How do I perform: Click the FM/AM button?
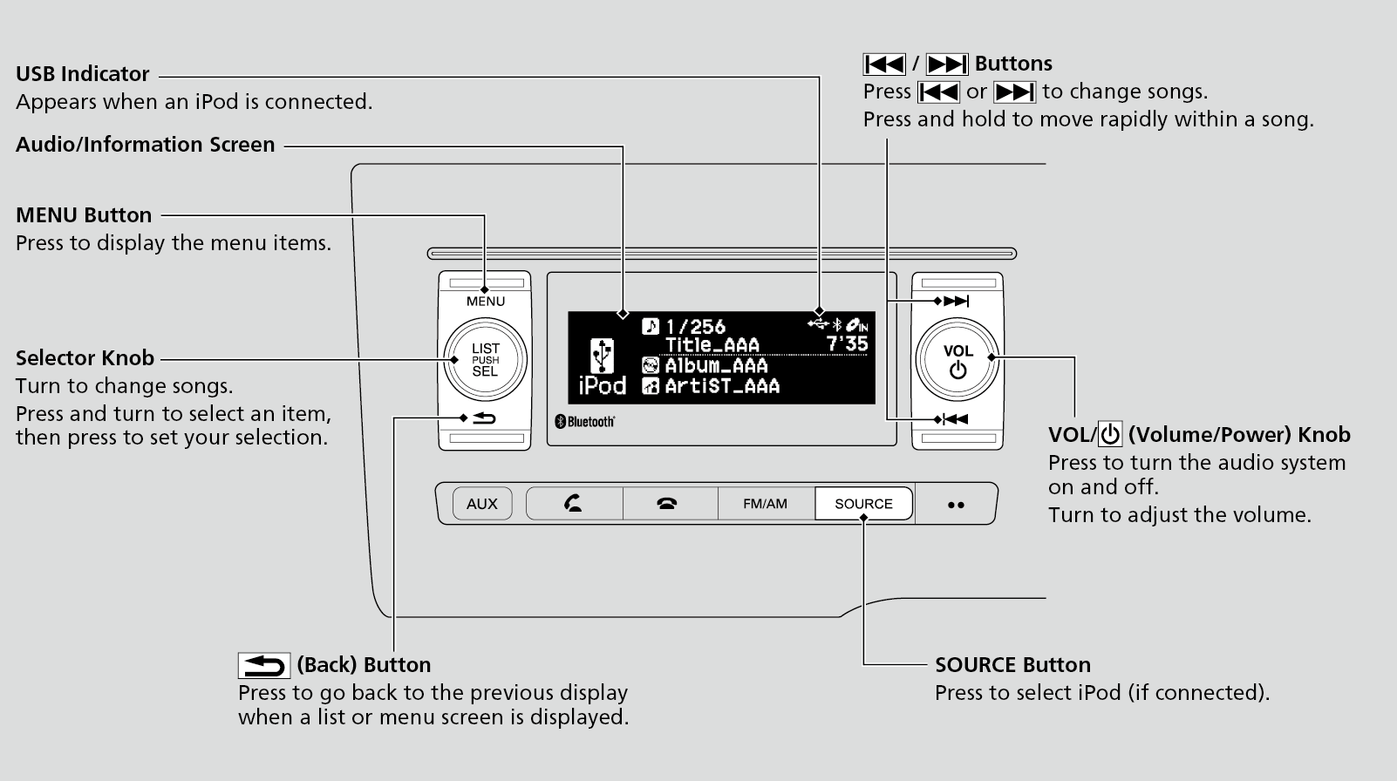pyautogui.click(x=765, y=504)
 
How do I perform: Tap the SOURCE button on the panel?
pyautogui.click(x=863, y=504)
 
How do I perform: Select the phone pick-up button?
pyautogui.click(x=574, y=504)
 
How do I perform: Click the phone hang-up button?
pyautogui.click(x=668, y=504)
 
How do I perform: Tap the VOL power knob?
pyautogui.click(x=957, y=360)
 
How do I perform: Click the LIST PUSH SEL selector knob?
pyautogui.click(x=485, y=360)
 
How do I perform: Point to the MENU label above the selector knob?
pyautogui.click(x=485, y=302)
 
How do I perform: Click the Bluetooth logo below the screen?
pyautogui.click(x=585, y=422)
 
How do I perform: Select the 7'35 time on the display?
pyautogui.click(x=847, y=344)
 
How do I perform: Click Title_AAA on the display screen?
pyautogui.click(x=712, y=345)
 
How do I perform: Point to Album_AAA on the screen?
pyautogui.click(x=716, y=366)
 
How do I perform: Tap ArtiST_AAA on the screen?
pyautogui.click(x=722, y=386)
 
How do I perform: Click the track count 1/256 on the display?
pyautogui.click(x=695, y=327)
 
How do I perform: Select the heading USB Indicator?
pyautogui.click(x=83, y=74)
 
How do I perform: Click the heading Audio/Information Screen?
pyautogui.click(x=146, y=145)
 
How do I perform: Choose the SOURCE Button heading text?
pyautogui.click(x=1012, y=665)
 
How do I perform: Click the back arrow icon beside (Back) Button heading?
pyautogui.click(x=263, y=666)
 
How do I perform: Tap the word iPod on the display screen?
pyautogui.click(x=603, y=386)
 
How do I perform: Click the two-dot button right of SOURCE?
pyautogui.click(x=956, y=505)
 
